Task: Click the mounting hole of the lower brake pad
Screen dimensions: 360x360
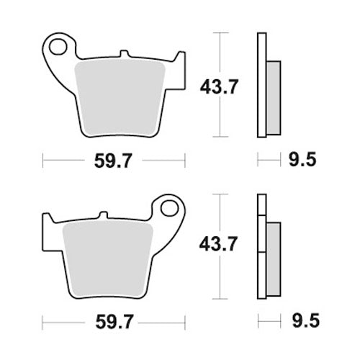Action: click(170, 209)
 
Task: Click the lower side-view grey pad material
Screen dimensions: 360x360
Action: click(273, 252)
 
